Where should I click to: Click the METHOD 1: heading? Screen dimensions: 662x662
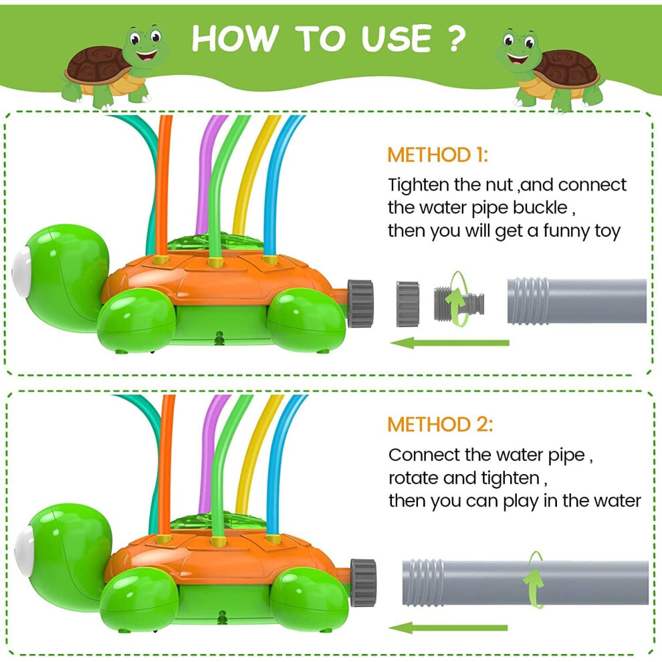[x=437, y=155]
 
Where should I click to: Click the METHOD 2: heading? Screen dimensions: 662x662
[x=440, y=425]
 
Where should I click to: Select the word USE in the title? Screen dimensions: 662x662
[x=397, y=38]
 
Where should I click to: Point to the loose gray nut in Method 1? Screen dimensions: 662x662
[x=408, y=304]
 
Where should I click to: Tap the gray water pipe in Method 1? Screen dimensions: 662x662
[x=576, y=301]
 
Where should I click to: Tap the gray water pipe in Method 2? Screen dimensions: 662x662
[x=525, y=582]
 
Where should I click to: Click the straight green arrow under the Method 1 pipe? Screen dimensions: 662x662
[x=449, y=343]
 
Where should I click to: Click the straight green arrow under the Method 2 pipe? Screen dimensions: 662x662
[x=448, y=628]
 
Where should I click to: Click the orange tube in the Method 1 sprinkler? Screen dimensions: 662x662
[x=163, y=186]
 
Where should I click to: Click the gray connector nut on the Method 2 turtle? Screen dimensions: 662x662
[x=362, y=582]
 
